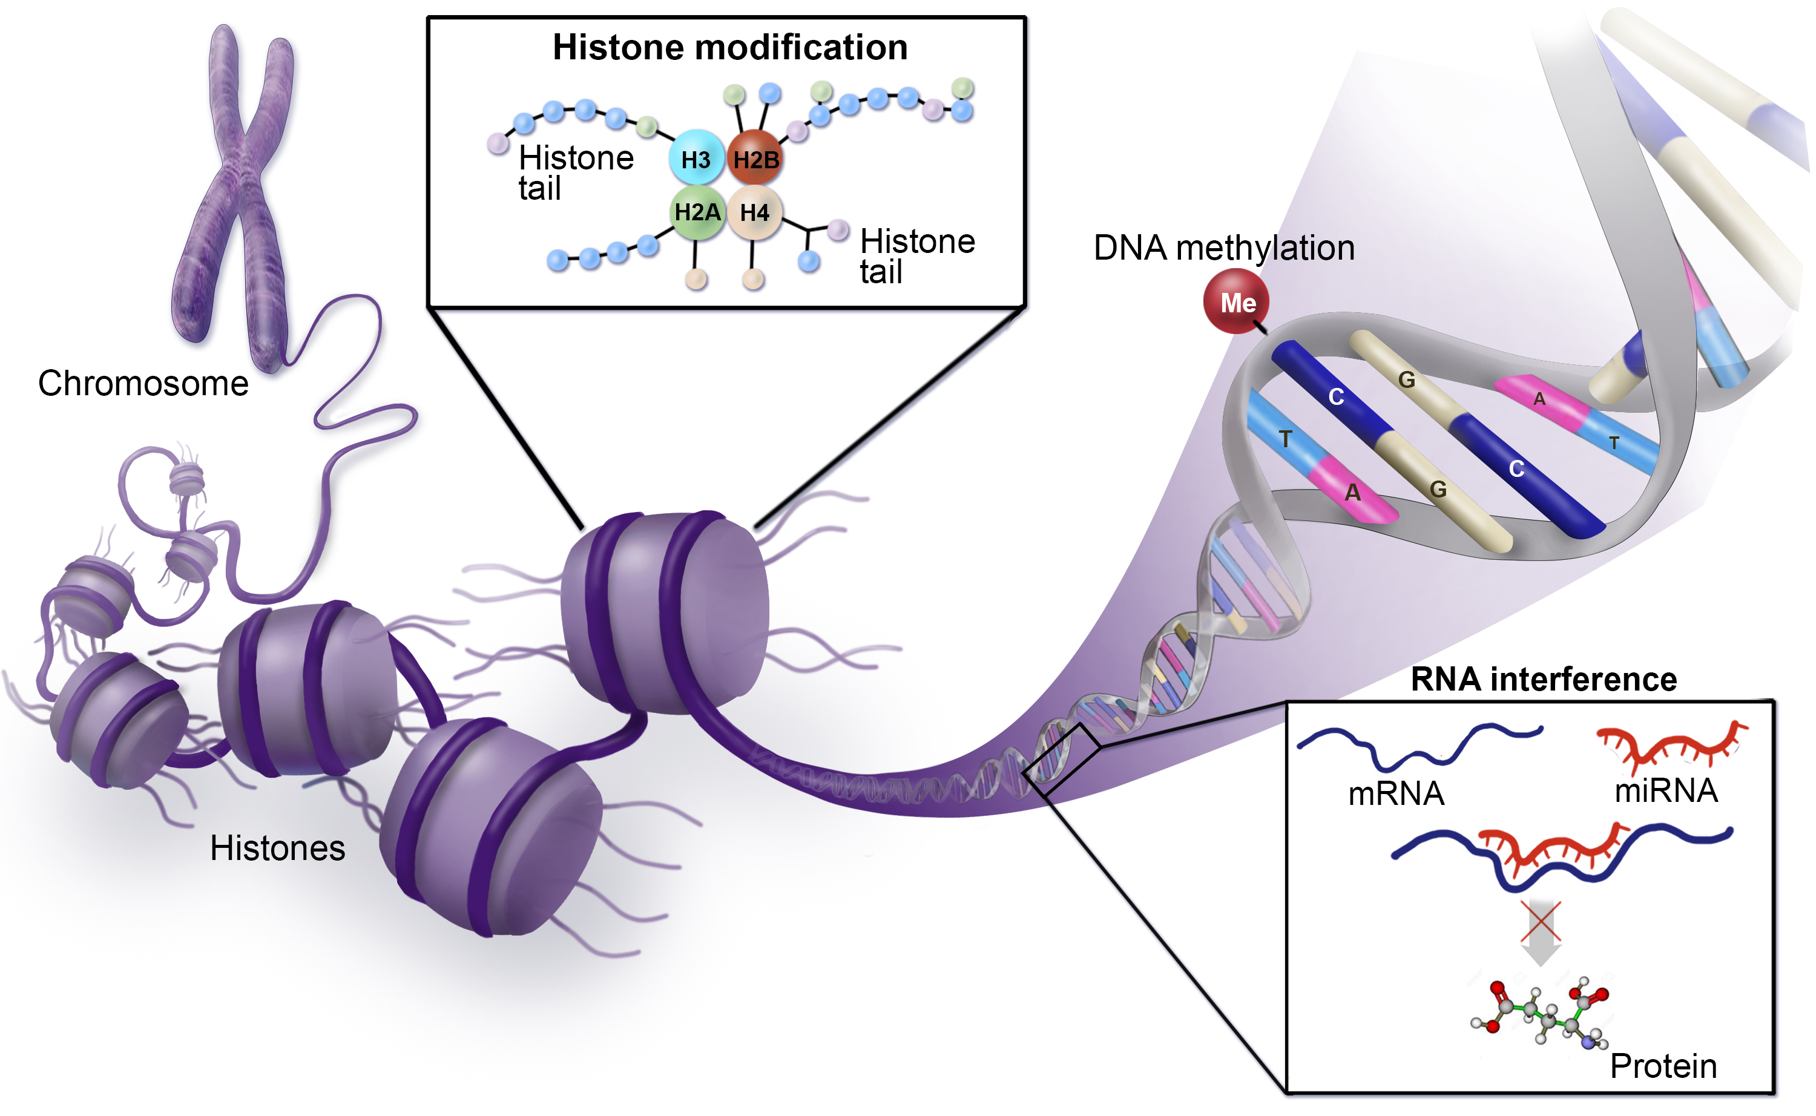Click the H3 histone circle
[x=696, y=159]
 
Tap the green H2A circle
[x=697, y=212]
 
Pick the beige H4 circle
[x=754, y=212]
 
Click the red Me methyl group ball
[x=1237, y=302]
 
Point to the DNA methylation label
[x=1223, y=248]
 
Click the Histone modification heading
[x=729, y=47]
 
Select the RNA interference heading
[x=1543, y=679]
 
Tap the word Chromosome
[x=143, y=384]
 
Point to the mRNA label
[x=1395, y=794]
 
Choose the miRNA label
[x=1666, y=791]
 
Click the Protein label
[x=1662, y=1066]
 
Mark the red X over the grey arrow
[x=1540, y=922]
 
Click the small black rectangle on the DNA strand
[x=1061, y=760]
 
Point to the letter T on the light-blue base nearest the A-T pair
[x=1285, y=439]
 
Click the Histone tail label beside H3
[x=575, y=172]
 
